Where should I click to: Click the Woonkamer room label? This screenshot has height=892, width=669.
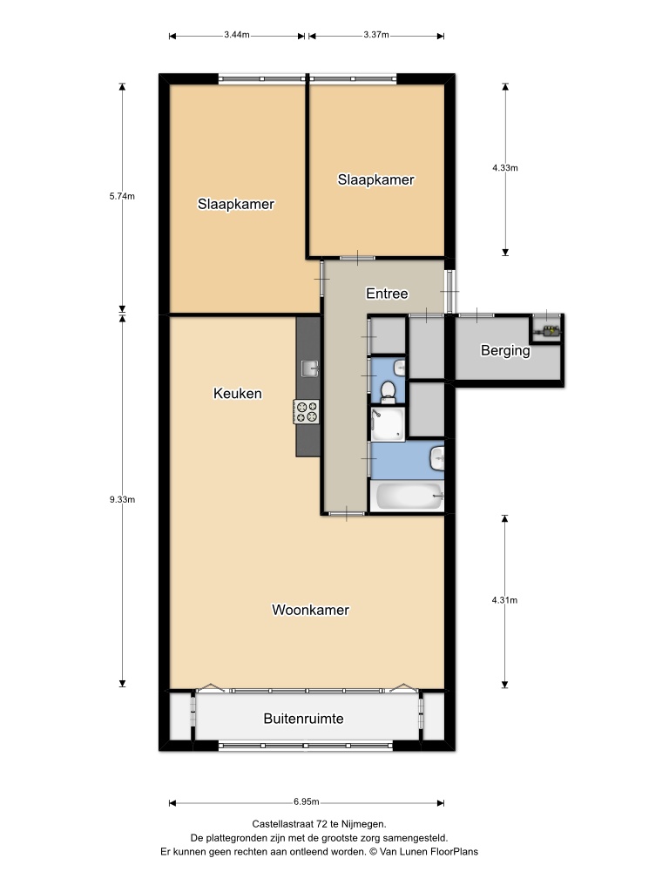(310, 610)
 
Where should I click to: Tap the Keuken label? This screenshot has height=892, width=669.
(237, 393)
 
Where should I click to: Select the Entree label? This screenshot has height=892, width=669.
(387, 294)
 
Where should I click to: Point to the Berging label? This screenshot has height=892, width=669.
(505, 351)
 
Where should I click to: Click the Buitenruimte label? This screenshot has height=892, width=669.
(303, 719)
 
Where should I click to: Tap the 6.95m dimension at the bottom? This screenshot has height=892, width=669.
(306, 801)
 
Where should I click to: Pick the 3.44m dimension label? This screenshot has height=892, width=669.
(237, 35)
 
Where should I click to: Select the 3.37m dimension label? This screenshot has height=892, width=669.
(376, 35)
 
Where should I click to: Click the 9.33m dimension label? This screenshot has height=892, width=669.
(122, 499)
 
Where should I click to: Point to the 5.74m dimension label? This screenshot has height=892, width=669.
(122, 196)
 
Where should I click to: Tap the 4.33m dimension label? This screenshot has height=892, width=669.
(505, 168)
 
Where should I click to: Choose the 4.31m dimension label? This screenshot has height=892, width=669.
(504, 600)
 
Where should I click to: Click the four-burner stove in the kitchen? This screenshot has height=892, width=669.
(307, 412)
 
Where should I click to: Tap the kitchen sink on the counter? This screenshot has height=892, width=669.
(310, 368)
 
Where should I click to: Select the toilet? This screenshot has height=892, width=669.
(389, 392)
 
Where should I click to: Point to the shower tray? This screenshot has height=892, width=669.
(388, 424)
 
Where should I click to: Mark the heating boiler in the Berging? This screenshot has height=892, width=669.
(550, 330)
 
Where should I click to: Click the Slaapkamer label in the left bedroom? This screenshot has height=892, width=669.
(235, 204)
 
